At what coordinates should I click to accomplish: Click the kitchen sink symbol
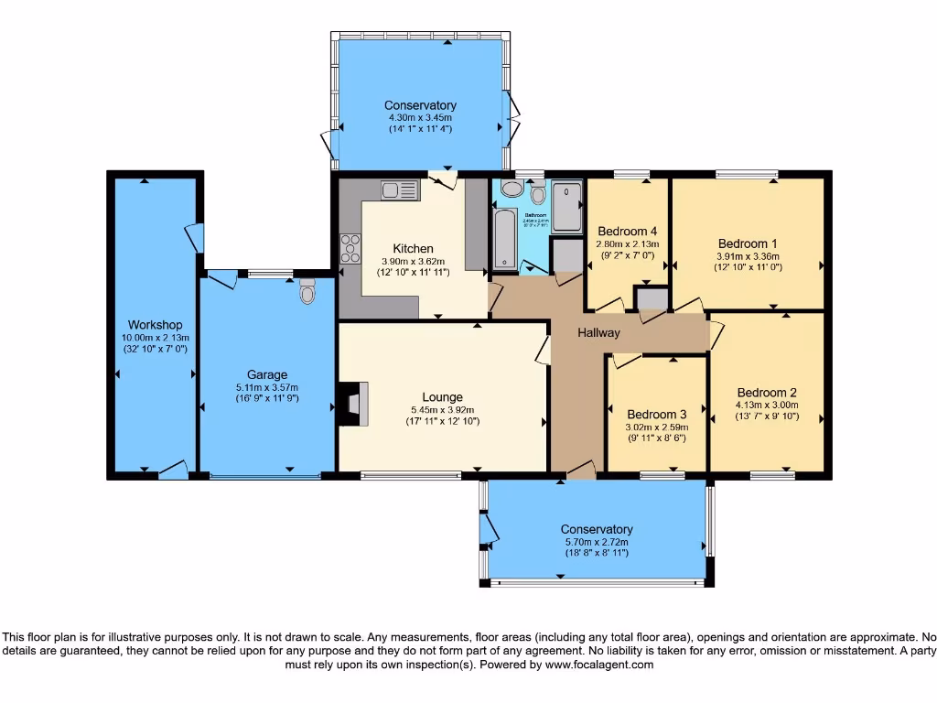tap(399, 190)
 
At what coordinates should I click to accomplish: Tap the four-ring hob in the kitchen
tap(350, 249)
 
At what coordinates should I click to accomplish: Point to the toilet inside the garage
tap(307, 292)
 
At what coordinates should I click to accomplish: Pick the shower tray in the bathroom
tap(566, 206)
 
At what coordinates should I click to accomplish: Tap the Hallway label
tap(598, 333)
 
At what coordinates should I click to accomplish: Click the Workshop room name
tap(155, 325)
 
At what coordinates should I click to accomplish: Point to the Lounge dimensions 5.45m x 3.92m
tap(442, 410)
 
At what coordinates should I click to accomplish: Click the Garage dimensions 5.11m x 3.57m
tap(266, 387)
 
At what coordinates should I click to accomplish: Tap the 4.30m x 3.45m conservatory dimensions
tap(420, 118)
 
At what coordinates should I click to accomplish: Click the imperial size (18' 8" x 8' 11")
tap(597, 553)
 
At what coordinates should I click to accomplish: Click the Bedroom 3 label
tap(656, 414)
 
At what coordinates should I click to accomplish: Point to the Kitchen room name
tap(413, 248)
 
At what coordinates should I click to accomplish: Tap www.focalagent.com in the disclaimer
tap(599, 665)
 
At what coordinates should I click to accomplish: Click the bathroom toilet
tap(538, 192)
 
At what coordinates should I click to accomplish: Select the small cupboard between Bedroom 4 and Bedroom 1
tap(652, 299)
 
